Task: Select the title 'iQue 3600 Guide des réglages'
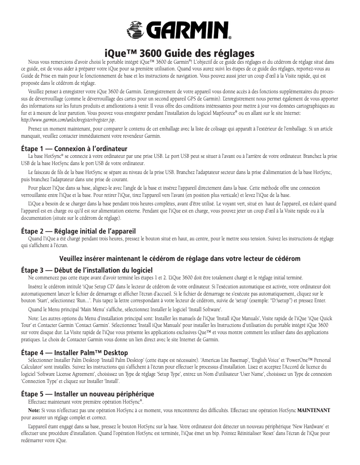pos(180,52)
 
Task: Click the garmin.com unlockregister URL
pos(69,121)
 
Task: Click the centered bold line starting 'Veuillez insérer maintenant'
pos(180,258)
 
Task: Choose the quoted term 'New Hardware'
pos(303,426)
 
